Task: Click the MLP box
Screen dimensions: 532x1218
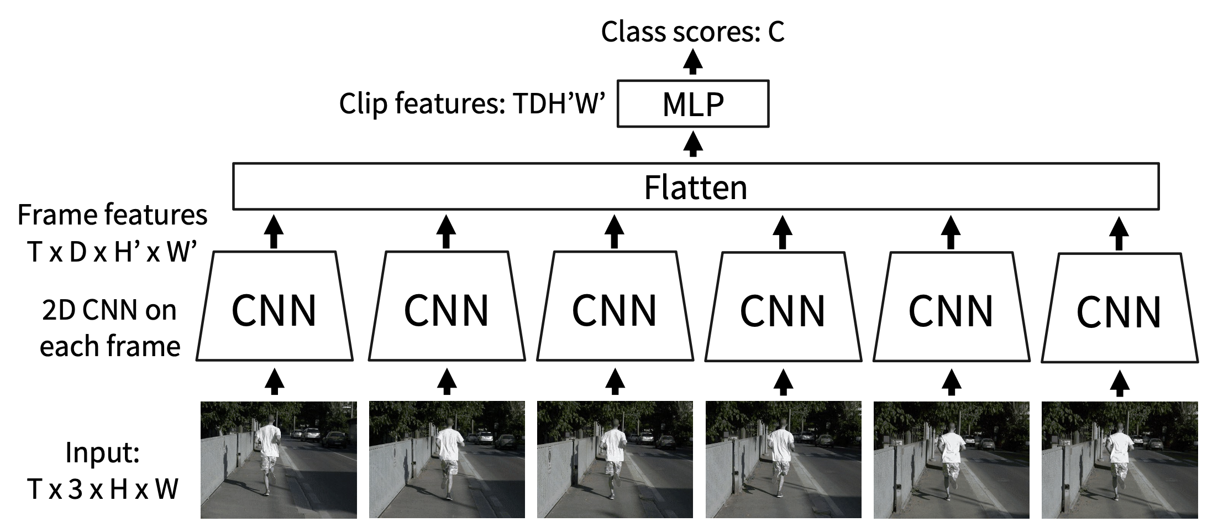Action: click(x=692, y=104)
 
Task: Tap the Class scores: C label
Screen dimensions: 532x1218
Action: click(x=692, y=32)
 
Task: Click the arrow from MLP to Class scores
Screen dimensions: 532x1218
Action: click(x=692, y=61)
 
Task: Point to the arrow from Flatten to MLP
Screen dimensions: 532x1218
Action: click(x=692, y=144)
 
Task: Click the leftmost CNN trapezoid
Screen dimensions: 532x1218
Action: click(x=275, y=307)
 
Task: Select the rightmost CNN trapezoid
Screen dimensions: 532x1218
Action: click(x=1119, y=309)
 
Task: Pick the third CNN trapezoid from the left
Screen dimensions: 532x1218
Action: click(x=615, y=307)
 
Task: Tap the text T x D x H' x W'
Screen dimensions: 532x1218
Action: click(x=112, y=252)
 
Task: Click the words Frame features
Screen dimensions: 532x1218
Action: click(x=112, y=215)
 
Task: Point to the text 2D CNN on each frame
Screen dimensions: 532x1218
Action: click(x=109, y=328)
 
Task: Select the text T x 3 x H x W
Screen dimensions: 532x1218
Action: click(x=103, y=489)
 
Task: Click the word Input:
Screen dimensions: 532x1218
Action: click(x=103, y=452)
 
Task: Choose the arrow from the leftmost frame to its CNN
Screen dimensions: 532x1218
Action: click(x=275, y=382)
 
